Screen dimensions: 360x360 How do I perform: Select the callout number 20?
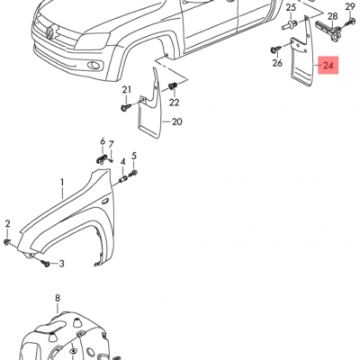click(176, 121)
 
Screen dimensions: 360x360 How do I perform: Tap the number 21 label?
click(127, 89)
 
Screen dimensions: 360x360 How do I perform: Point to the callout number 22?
click(173, 103)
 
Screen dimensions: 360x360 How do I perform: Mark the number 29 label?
click(350, 7)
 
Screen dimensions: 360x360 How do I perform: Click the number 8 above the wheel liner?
click(57, 298)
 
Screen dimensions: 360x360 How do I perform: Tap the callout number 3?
click(62, 264)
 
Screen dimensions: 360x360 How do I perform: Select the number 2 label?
click(7, 222)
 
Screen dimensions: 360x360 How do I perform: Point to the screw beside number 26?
click(274, 49)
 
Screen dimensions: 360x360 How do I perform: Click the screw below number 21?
click(124, 107)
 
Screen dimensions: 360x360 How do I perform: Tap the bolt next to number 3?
click(42, 263)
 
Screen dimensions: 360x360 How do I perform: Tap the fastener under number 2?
click(8, 241)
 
